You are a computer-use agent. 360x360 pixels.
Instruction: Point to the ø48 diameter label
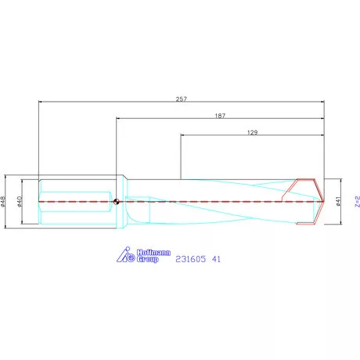click(x=5, y=202)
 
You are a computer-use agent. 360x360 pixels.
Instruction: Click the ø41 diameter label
click(x=337, y=201)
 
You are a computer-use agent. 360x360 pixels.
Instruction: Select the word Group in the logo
click(x=148, y=259)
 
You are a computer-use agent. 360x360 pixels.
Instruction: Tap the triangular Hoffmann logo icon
click(x=125, y=255)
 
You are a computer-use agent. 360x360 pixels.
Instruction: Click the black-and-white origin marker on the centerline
click(x=117, y=202)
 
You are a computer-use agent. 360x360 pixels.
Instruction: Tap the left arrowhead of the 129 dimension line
click(x=184, y=136)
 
